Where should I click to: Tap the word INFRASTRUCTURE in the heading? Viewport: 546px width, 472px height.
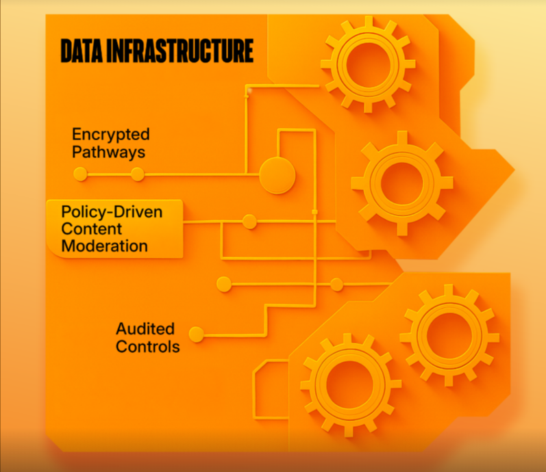click(182, 51)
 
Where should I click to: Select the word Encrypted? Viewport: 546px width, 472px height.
click(111, 134)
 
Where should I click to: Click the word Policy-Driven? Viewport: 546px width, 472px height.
click(112, 211)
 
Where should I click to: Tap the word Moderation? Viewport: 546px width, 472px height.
click(104, 246)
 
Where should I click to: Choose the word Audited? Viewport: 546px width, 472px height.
click(145, 329)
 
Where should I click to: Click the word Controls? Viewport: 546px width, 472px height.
click(148, 347)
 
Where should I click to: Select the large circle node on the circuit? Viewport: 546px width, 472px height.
click(277, 175)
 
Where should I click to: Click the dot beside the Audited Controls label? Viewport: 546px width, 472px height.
click(197, 335)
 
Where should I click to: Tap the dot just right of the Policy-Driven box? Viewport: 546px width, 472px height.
click(250, 222)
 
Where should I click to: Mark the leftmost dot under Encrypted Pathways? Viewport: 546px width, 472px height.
click(81, 174)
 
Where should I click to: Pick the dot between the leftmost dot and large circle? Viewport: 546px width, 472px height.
click(138, 174)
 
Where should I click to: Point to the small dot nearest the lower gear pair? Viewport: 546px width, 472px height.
click(336, 285)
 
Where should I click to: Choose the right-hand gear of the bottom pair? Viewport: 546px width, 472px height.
click(449, 334)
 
